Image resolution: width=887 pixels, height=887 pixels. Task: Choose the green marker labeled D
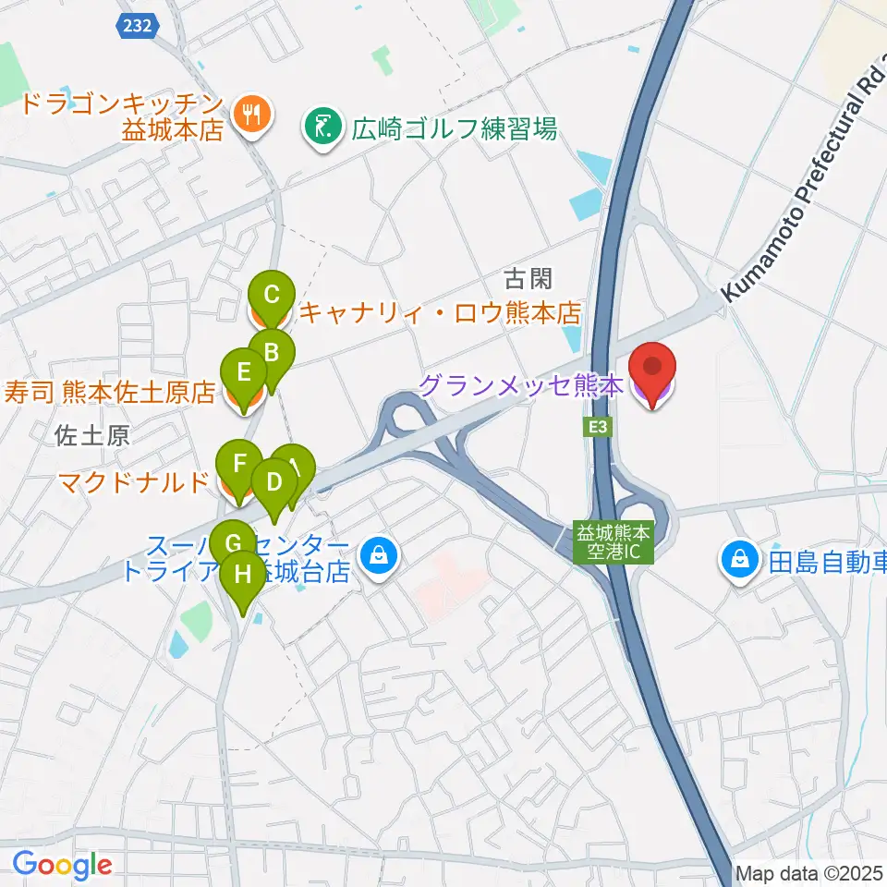[273, 482]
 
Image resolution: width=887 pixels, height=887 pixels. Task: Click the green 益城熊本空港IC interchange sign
[614, 542]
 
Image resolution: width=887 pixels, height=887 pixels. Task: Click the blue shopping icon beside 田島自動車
[741, 560]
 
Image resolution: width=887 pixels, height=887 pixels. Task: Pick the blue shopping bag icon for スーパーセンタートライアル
[379, 556]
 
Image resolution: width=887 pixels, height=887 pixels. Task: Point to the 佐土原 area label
[91, 435]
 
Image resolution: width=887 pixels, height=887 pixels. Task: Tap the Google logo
[62, 865]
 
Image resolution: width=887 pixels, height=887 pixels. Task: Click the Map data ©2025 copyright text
[809, 872]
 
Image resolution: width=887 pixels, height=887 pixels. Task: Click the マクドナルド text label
[134, 481]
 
